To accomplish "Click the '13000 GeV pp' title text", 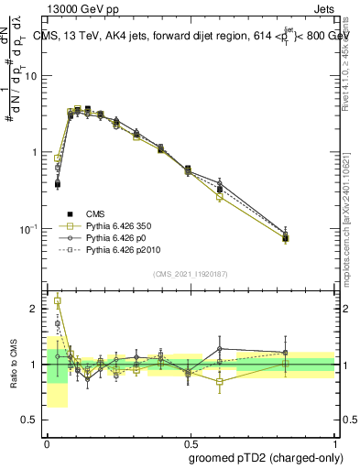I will pyautogui.click(x=80, y=7).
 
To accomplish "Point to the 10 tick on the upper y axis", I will pyautogui.click(x=34, y=76).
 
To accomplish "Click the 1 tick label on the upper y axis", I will pyautogui.click(x=37, y=152).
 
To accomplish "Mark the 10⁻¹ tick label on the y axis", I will pyautogui.click(x=31, y=228).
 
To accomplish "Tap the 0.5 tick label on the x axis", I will pyautogui.click(x=190, y=441).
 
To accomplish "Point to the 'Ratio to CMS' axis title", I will pyautogui.click(x=13, y=364).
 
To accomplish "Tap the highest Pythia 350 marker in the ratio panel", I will pyautogui.click(x=58, y=300).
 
